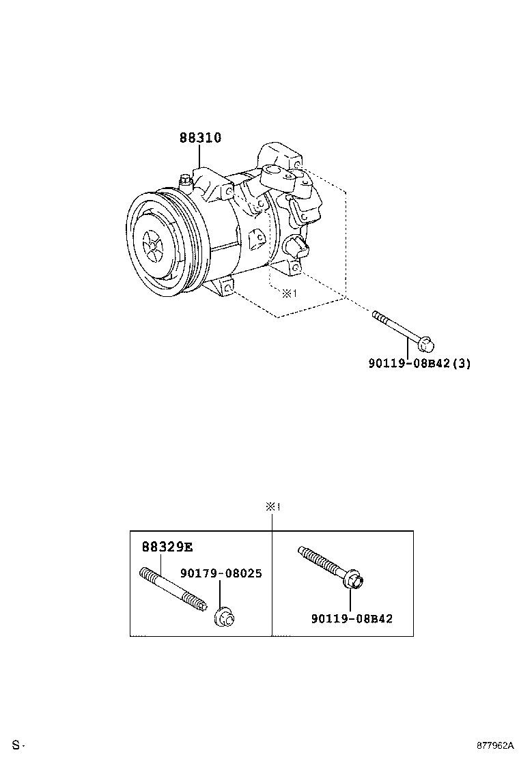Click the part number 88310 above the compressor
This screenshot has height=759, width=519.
pyautogui.click(x=200, y=138)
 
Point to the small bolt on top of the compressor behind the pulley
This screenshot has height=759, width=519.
pyautogui.click(x=185, y=180)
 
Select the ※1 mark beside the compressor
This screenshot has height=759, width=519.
pyautogui.click(x=290, y=293)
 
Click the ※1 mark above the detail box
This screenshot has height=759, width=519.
pyautogui.click(x=273, y=507)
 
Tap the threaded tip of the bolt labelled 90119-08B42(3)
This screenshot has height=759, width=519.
pyautogui.click(x=376, y=314)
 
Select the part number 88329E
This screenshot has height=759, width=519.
pyautogui.click(x=167, y=547)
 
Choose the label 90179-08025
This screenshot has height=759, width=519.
pyautogui.click(x=221, y=573)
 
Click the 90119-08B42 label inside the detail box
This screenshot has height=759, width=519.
pyautogui.click(x=352, y=618)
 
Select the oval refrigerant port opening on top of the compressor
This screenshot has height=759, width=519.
pyautogui.click(x=273, y=171)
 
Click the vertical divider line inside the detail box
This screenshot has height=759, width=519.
pyautogui.click(x=272, y=584)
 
